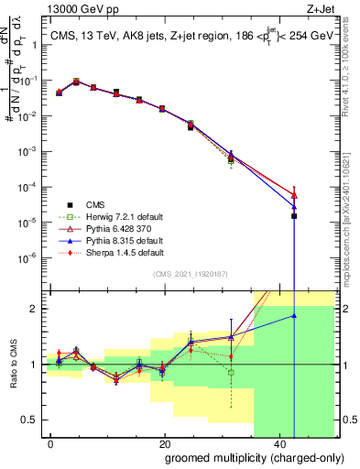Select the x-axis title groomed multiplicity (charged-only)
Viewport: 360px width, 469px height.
[x=241, y=457]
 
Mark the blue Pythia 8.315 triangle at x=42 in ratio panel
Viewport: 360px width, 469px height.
[x=294, y=316]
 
